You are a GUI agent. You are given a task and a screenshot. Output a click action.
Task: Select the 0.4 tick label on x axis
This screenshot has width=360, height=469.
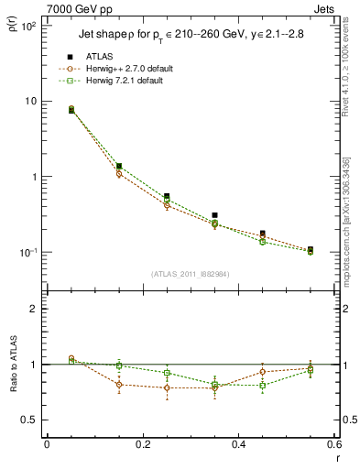point(239,444)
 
